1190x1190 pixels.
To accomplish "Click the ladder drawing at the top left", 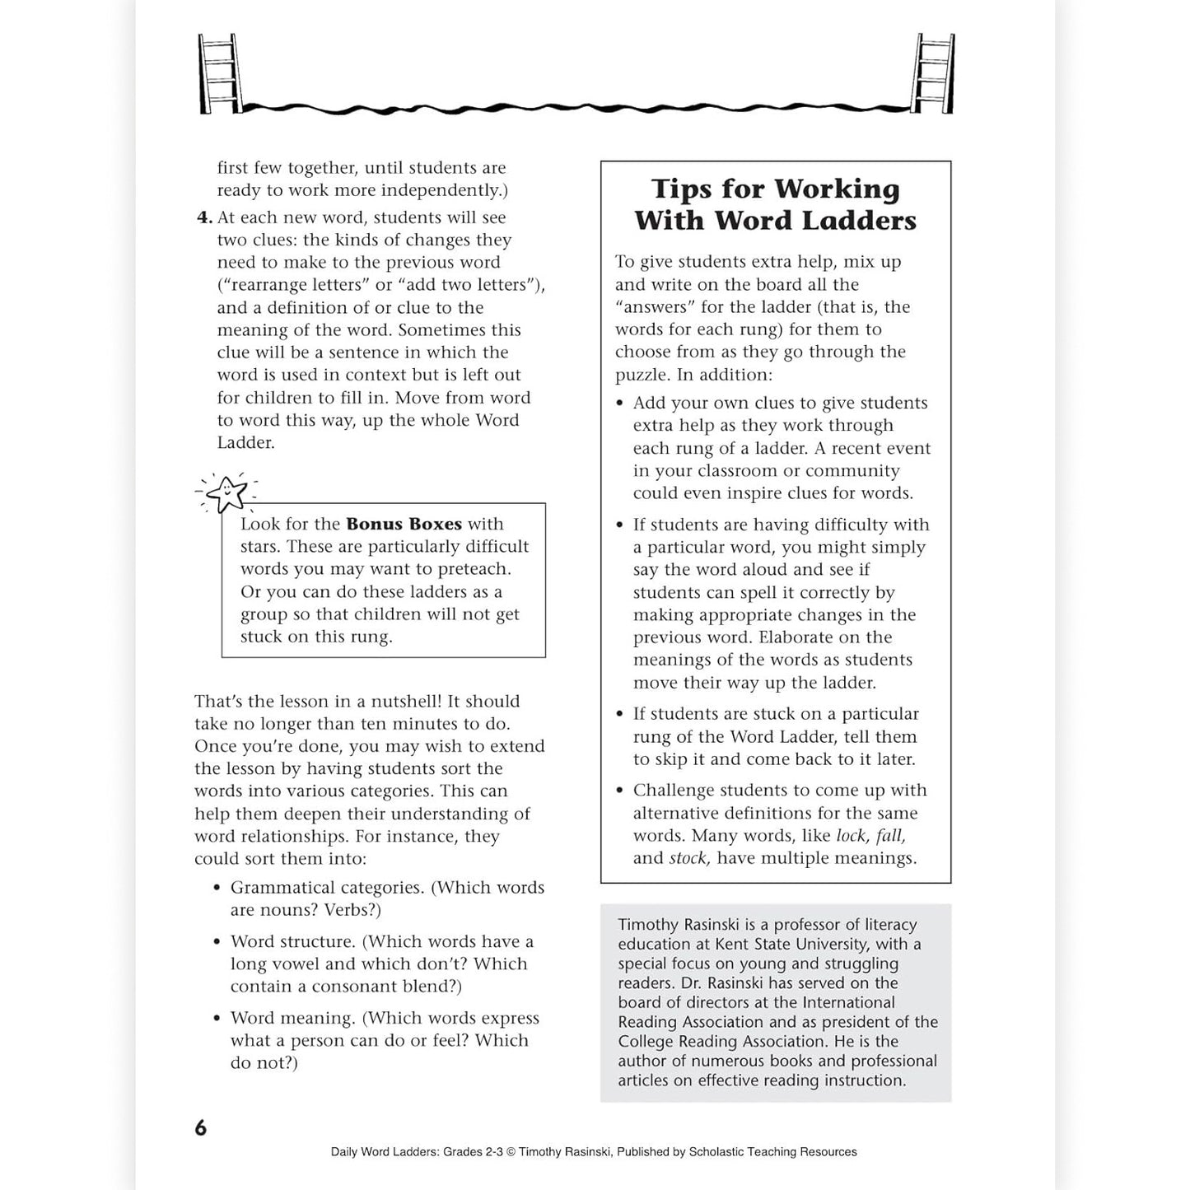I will coord(218,73).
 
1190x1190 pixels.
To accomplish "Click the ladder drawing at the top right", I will coord(935,73).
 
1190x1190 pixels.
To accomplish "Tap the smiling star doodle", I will coord(226,493).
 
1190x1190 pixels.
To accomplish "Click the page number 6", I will coord(201,1128).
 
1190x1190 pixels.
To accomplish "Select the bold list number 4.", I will coord(204,218).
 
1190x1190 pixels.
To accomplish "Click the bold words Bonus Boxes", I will coord(404,524).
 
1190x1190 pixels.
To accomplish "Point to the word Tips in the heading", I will coord(680,189).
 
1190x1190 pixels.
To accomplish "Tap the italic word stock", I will coord(688,858).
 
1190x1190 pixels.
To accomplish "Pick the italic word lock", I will coord(851,836).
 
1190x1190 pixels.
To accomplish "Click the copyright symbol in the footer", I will coord(511,1152).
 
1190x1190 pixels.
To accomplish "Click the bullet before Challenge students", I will coord(620,791).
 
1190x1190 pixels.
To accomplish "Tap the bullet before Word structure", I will coord(217,942).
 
